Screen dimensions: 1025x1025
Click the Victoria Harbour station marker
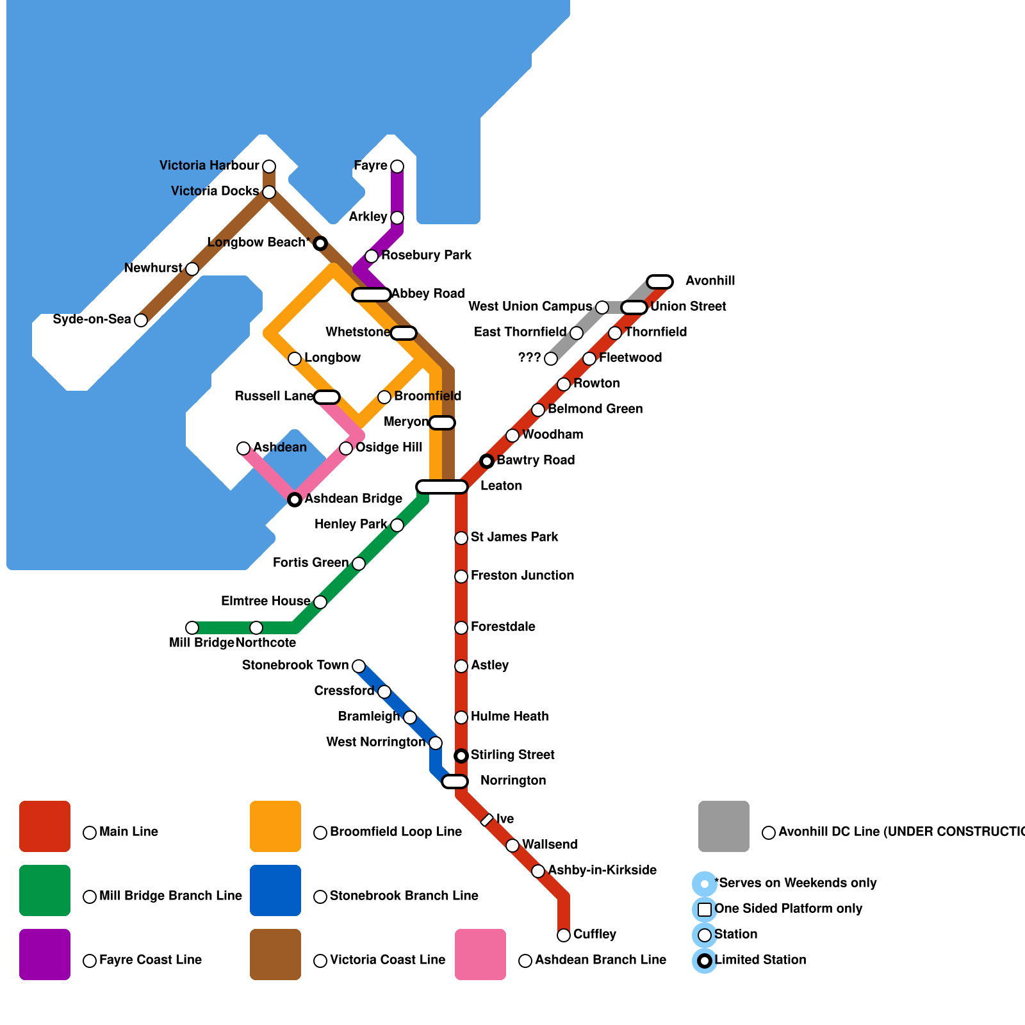pyautogui.click(x=269, y=167)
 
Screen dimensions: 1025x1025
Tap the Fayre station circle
pyautogui.click(x=397, y=167)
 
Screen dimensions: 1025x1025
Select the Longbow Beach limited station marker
pyautogui.click(x=320, y=243)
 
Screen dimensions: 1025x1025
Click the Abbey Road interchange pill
pyautogui.click(x=372, y=295)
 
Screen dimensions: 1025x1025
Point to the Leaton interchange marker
pyautogui.click(x=442, y=487)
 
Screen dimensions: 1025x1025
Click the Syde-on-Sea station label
pyautogui.click(x=92, y=319)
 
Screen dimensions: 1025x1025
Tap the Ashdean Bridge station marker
pyautogui.click(x=295, y=500)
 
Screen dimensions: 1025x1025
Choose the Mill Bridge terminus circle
pyautogui.click(x=192, y=628)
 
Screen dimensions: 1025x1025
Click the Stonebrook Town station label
pyautogui.click(x=295, y=665)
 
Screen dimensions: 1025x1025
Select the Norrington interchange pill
pyautogui.click(x=455, y=782)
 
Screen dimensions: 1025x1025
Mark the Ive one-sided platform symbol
pyautogui.click(x=487, y=820)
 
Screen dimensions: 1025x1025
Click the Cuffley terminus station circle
pyautogui.click(x=564, y=935)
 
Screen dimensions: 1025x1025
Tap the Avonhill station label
pyautogui.click(x=710, y=281)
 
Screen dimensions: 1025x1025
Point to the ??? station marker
pyautogui.click(x=551, y=359)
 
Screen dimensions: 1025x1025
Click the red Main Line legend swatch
pyautogui.click(x=45, y=826)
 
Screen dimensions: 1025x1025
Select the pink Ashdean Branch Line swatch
pyautogui.click(x=480, y=955)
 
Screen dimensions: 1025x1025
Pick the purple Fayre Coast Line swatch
pyautogui.click(x=45, y=955)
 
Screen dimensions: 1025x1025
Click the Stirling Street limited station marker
pyautogui.click(x=461, y=756)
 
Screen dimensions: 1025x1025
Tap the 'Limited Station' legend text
pyautogui.click(x=760, y=960)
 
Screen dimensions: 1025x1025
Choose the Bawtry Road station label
pyautogui.click(x=536, y=460)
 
